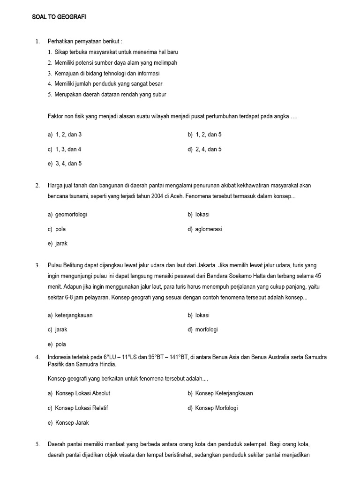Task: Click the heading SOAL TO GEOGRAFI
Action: point(59,17)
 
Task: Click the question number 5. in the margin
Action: point(37,444)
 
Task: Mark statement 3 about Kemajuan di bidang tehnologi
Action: point(104,74)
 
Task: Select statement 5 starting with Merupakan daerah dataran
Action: point(107,94)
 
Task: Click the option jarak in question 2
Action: point(61,244)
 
